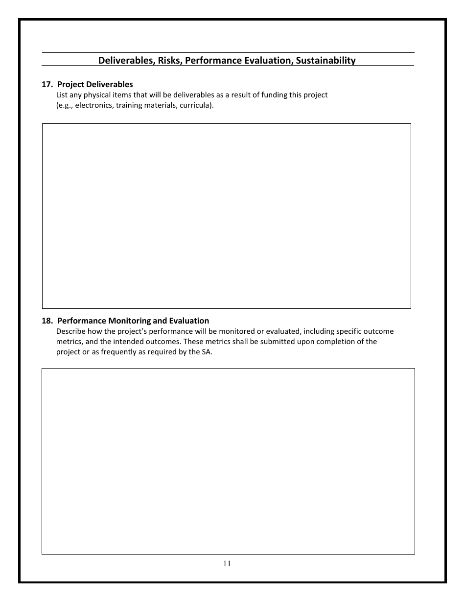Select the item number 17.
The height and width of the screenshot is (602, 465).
(x=47, y=85)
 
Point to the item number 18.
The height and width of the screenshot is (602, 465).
(x=47, y=321)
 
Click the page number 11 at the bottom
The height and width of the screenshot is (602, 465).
(x=227, y=563)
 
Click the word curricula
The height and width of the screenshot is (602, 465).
(x=195, y=105)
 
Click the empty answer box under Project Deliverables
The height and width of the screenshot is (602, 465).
(x=226, y=216)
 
